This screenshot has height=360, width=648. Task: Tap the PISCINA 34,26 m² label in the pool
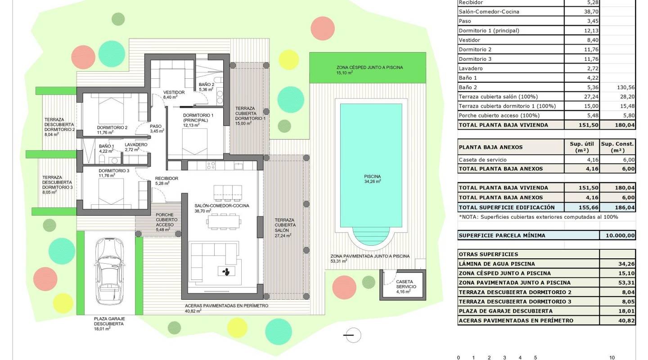point(373,179)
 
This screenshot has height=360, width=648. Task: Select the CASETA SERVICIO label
point(406,286)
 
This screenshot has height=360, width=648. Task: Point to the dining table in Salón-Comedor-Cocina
point(224,221)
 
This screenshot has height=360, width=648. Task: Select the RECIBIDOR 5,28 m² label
point(166,181)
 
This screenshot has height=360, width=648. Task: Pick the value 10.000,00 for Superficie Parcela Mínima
point(617,235)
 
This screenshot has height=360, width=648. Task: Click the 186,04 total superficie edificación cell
point(617,207)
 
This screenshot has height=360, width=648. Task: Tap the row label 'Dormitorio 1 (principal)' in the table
point(489,31)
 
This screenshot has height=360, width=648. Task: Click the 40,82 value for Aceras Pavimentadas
point(617,321)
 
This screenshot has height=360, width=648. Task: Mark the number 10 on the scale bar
point(612,358)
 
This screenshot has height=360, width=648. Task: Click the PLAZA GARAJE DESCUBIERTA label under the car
point(109,321)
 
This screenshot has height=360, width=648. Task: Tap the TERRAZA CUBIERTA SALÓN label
point(285,227)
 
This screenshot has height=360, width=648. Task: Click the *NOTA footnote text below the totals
point(538,217)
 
